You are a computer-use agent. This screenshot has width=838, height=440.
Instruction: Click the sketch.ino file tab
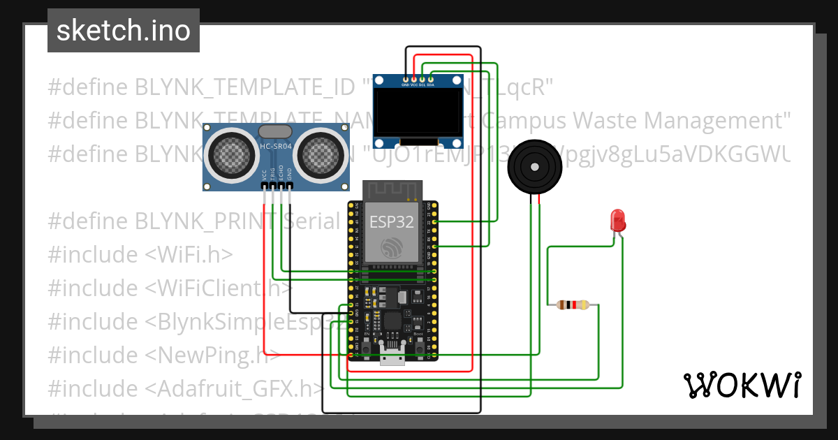click(x=123, y=31)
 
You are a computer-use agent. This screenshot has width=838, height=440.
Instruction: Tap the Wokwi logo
click(x=741, y=385)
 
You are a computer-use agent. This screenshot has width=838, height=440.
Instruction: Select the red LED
click(x=617, y=221)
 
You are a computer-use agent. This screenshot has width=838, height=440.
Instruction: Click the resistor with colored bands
click(x=573, y=305)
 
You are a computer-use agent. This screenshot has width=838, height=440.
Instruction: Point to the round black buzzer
click(x=534, y=167)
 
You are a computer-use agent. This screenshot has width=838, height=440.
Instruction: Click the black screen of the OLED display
click(x=418, y=113)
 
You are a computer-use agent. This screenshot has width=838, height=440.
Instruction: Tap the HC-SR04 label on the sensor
click(x=276, y=146)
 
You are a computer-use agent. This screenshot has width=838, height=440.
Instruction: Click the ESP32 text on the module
click(x=391, y=223)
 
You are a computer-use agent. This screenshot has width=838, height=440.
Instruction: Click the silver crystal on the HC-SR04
click(x=276, y=131)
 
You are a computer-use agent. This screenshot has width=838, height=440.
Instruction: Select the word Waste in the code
click(x=604, y=120)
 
